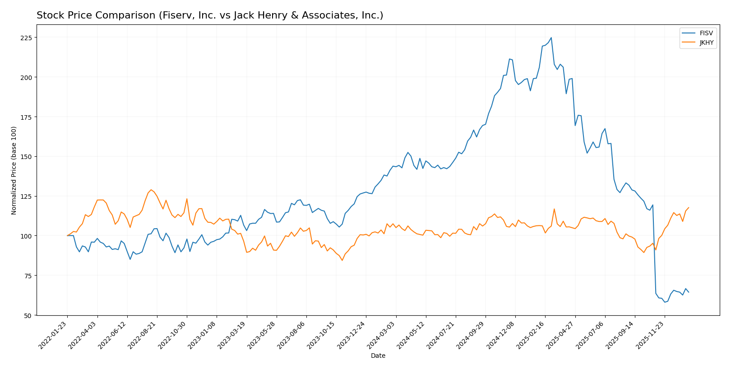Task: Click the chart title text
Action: click(210, 15)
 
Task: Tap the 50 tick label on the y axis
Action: click(28, 315)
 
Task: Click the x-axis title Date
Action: click(378, 356)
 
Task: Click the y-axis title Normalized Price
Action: click(14, 170)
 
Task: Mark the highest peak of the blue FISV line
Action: click(551, 38)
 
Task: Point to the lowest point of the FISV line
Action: click(665, 302)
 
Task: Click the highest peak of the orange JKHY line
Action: click(151, 190)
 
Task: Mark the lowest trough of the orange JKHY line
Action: click(342, 260)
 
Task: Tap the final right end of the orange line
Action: click(689, 208)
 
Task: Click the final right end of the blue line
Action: click(689, 292)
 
